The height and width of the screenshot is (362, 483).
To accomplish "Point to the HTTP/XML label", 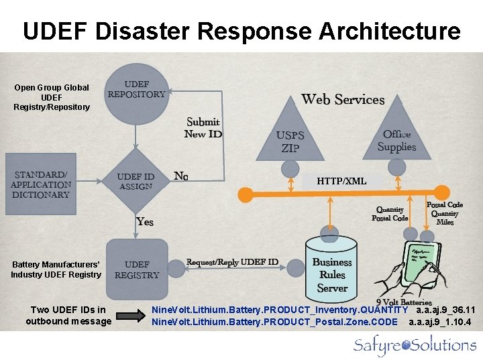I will [341, 181].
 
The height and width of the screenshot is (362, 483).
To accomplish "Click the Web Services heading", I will [343, 100].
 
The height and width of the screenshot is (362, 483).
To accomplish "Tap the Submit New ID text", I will [203, 127].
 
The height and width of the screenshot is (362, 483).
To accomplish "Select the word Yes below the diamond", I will [145, 221].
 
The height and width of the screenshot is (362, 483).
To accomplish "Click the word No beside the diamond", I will [181, 176].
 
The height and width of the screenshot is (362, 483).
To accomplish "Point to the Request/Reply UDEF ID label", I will [232, 262].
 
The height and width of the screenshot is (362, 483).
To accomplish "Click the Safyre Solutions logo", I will [415, 345].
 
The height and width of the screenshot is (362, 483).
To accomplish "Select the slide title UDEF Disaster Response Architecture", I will [241, 31].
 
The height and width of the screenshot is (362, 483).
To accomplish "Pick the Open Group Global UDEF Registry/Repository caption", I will [52, 97].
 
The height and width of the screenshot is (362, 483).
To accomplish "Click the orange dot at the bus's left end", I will [246, 194].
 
